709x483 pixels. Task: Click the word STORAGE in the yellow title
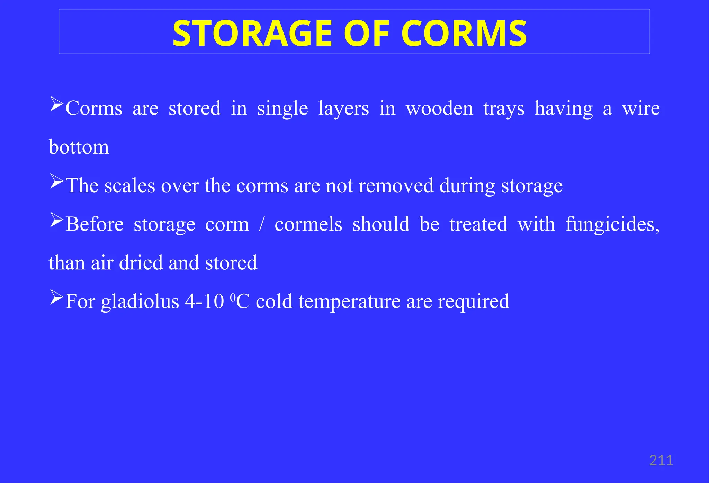click(x=252, y=34)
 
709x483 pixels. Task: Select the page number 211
click(x=661, y=461)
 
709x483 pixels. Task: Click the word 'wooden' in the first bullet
click(x=439, y=109)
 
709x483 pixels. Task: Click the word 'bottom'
click(x=79, y=147)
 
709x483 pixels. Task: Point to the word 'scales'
click(x=130, y=186)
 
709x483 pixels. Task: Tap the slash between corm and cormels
click(x=262, y=224)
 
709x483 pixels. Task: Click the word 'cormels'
click(x=308, y=224)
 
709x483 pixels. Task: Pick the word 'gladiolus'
click(x=140, y=302)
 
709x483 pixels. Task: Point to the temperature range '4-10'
click(x=204, y=301)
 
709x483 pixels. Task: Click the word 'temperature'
click(x=349, y=302)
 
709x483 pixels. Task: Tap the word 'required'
click(x=474, y=302)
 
